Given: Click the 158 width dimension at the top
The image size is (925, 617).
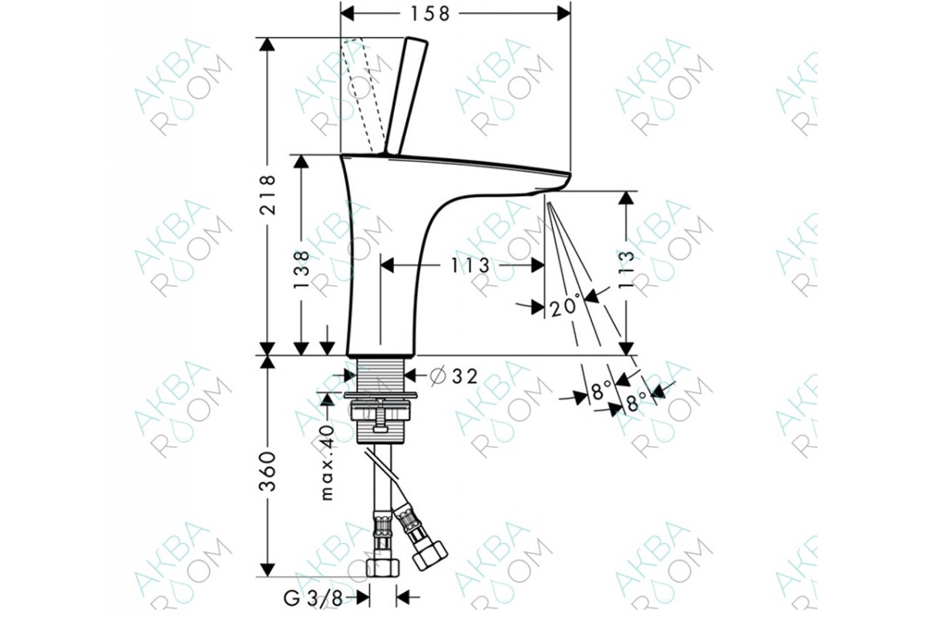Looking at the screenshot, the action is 430,14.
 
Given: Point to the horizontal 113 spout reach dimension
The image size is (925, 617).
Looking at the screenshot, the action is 470,265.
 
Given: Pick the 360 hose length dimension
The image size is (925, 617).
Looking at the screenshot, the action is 267,471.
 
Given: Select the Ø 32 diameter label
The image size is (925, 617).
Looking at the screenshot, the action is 454,376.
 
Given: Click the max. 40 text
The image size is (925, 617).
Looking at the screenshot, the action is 327,462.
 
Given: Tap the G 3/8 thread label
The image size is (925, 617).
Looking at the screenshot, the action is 313,598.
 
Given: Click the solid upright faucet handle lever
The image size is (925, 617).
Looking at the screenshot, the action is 406,96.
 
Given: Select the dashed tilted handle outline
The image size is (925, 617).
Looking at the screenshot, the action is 358,95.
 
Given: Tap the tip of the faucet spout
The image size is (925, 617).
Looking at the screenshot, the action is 570,174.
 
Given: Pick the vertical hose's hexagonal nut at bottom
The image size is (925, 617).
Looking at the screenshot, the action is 383,568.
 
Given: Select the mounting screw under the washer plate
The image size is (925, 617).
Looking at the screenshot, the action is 379,414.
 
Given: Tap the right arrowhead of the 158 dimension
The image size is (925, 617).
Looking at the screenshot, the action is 563,14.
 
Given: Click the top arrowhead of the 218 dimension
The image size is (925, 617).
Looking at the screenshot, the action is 267,45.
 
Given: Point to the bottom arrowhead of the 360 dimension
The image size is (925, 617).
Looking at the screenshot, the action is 267,569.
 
